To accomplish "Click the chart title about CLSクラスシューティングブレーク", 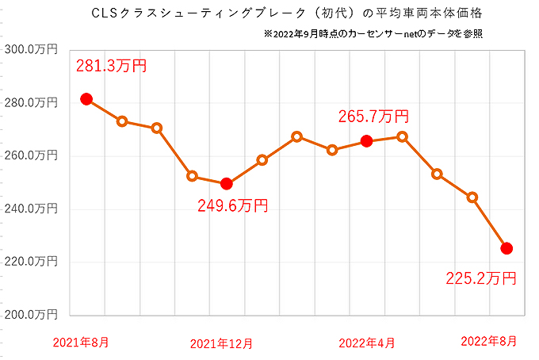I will tap(269, 13).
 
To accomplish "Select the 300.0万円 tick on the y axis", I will tap(31, 50).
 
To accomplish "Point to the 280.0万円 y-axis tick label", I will tap(31, 102).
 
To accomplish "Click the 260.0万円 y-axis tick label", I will tap(31, 155).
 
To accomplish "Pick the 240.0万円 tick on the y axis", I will tap(31, 209).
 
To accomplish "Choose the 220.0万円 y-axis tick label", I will tap(31, 262).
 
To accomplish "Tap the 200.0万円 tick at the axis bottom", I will tap(31, 314).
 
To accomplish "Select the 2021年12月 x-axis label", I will tap(222, 343).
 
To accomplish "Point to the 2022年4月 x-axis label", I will tap(367, 343).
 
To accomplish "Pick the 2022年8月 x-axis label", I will tap(491, 341).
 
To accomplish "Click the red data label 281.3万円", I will tap(112, 67).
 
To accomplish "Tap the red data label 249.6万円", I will tap(232, 206).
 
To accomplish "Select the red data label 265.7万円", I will tap(373, 117).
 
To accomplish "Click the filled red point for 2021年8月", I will tap(86, 99).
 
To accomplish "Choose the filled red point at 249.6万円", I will tap(227, 184).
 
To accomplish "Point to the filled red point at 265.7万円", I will tap(366, 140).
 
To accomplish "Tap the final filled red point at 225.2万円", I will tap(507, 248).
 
